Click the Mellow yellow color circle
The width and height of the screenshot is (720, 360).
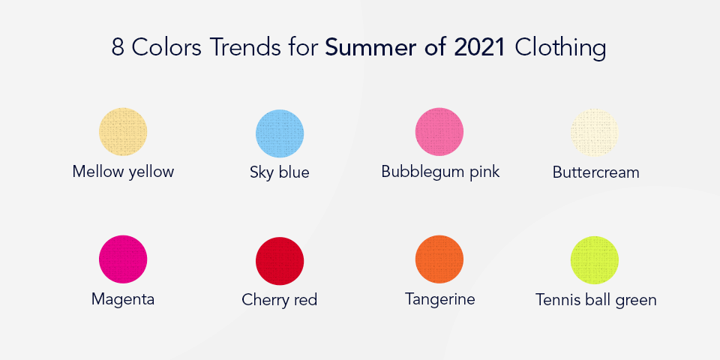click(x=123, y=132)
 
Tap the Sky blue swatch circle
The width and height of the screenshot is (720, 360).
click(x=280, y=133)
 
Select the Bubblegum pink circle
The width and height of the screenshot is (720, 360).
click(x=439, y=132)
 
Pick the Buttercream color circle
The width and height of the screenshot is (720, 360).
click(x=595, y=133)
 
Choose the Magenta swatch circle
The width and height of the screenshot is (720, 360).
click(x=123, y=259)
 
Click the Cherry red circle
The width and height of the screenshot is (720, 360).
click(x=280, y=261)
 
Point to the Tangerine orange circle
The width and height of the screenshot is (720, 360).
click(x=439, y=259)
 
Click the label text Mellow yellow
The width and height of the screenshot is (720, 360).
click(x=123, y=172)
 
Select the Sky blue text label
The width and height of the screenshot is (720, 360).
click(x=280, y=172)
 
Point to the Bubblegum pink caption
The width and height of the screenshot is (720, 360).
click(x=440, y=172)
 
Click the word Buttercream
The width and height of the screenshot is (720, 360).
click(x=595, y=172)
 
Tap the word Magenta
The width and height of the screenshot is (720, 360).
click(x=123, y=299)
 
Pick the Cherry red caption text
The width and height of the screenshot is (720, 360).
click(x=280, y=300)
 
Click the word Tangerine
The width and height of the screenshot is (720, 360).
click(x=440, y=299)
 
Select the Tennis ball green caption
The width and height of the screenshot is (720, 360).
click(x=595, y=300)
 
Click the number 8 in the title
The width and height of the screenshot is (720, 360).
click(x=118, y=47)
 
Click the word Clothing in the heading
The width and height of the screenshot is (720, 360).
click(x=561, y=48)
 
